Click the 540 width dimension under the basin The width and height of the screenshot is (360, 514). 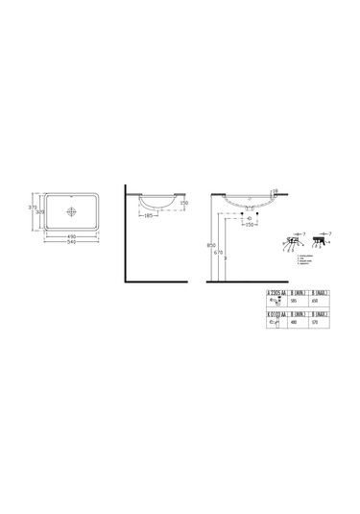coord(68,239)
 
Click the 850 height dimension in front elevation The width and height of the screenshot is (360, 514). coord(222,244)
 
